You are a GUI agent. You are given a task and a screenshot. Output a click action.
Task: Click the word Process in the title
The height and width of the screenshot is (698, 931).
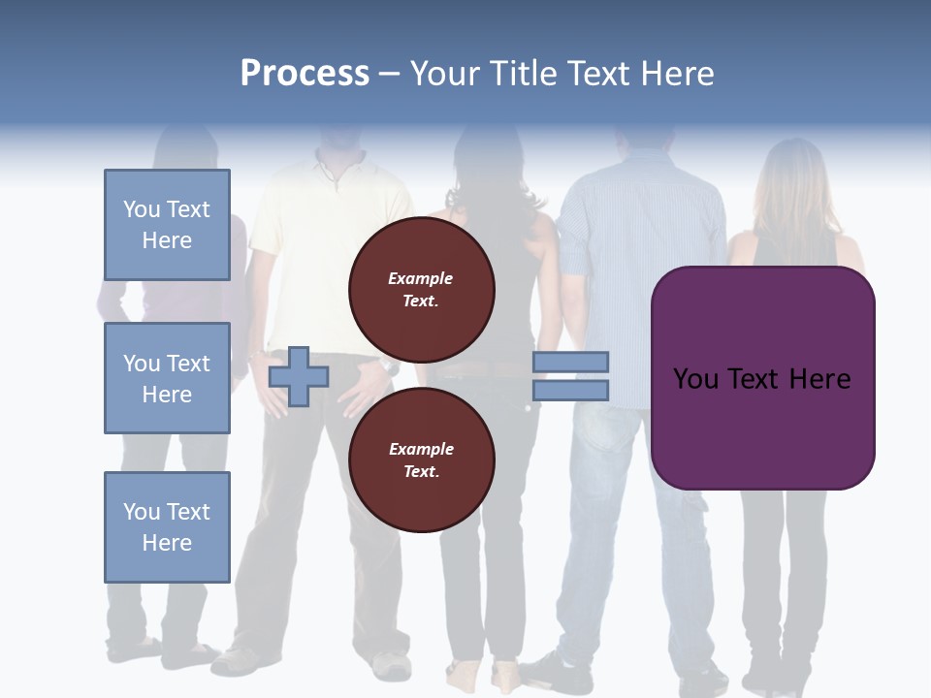point(305,74)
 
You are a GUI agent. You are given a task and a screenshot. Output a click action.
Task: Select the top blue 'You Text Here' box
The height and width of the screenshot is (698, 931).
point(167,225)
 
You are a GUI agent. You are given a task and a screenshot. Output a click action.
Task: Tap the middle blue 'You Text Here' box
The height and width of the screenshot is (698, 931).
point(167,378)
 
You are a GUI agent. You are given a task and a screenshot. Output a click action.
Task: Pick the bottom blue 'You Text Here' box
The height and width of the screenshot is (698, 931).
point(167,527)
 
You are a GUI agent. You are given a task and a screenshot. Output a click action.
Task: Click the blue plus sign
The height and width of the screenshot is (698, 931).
point(298,376)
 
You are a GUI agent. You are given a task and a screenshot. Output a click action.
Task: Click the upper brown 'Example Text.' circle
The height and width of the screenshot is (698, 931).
point(421,289)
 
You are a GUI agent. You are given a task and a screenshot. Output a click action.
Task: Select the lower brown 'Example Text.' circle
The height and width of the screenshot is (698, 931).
point(421,460)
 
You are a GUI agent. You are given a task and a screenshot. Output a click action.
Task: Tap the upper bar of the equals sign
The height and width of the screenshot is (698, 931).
point(570,362)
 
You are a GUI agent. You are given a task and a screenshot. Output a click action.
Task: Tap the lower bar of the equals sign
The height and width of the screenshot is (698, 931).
point(570,390)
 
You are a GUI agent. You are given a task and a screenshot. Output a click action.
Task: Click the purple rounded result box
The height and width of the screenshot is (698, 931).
point(762,427)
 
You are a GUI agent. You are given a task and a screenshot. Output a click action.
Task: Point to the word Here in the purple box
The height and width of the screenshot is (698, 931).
point(820,379)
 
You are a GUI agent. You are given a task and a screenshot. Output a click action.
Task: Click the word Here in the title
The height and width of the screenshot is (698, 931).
point(678,74)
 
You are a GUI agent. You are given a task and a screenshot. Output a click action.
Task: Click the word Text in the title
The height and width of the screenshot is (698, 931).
point(601,74)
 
